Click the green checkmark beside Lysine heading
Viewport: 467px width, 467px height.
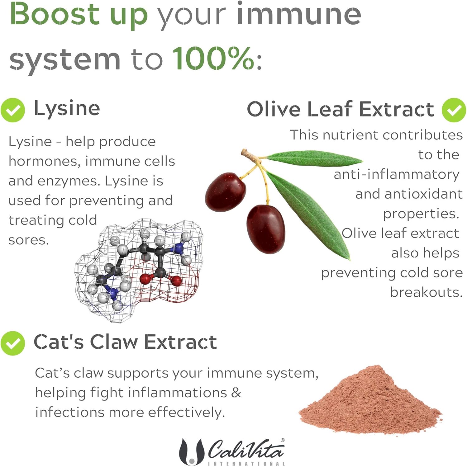[13, 110]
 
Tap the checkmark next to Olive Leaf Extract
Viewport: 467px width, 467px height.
[454, 110]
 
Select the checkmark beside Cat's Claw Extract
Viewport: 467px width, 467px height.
[13, 343]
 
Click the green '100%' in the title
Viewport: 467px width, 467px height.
[213, 58]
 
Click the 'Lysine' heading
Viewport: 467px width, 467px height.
[67, 109]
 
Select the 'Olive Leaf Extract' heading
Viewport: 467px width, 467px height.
[340, 109]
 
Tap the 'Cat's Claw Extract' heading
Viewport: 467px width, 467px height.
[125, 342]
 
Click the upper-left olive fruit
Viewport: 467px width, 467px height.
[225, 192]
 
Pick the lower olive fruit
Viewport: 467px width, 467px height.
[265, 229]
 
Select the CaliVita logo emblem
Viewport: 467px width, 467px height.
[191, 452]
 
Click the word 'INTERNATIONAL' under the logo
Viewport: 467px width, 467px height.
[246, 464]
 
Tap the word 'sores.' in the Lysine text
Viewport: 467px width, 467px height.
[29, 240]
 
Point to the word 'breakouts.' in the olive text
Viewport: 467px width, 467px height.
[426, 292]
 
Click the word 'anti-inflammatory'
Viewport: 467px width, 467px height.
[396, 174]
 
